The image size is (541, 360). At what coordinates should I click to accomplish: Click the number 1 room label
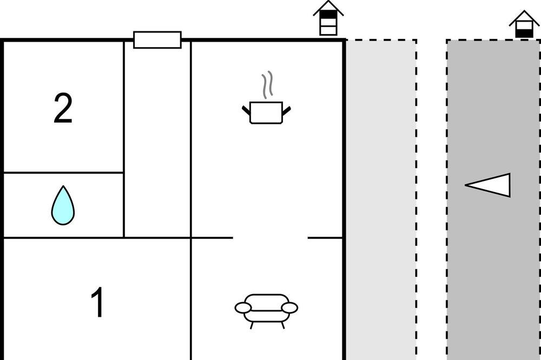tap(97, 302)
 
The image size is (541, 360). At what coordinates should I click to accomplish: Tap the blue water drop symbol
tap(63, 205)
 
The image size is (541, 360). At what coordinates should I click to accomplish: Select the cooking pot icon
tap(266, 112)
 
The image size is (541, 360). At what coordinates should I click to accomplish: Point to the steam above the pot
tap(267, 85)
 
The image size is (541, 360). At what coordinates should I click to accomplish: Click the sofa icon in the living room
tap(266, 311)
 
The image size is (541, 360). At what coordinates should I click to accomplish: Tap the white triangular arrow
tap(487, 185)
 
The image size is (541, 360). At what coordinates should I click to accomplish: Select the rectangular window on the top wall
tap(157, 40)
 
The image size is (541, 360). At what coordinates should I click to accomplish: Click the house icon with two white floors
tap(328, 18)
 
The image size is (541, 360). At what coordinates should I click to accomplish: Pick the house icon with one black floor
tap(524, 24)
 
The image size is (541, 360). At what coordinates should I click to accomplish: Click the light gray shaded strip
tap(381, 200)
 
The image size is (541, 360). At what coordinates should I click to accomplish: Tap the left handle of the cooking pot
tap(246, 110)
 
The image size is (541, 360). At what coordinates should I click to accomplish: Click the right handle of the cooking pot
tap(286, 111)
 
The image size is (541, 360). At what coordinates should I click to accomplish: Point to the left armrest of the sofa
tap(243, 308)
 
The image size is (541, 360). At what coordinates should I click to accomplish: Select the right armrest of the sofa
tap(289, 308)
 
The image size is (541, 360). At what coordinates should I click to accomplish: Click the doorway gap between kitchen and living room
tap(270, 238)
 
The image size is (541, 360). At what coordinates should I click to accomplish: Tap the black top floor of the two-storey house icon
tap(328, 15)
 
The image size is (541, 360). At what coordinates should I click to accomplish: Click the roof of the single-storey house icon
tap(524, 18)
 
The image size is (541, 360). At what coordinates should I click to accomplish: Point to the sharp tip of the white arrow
tap(465, 185)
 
